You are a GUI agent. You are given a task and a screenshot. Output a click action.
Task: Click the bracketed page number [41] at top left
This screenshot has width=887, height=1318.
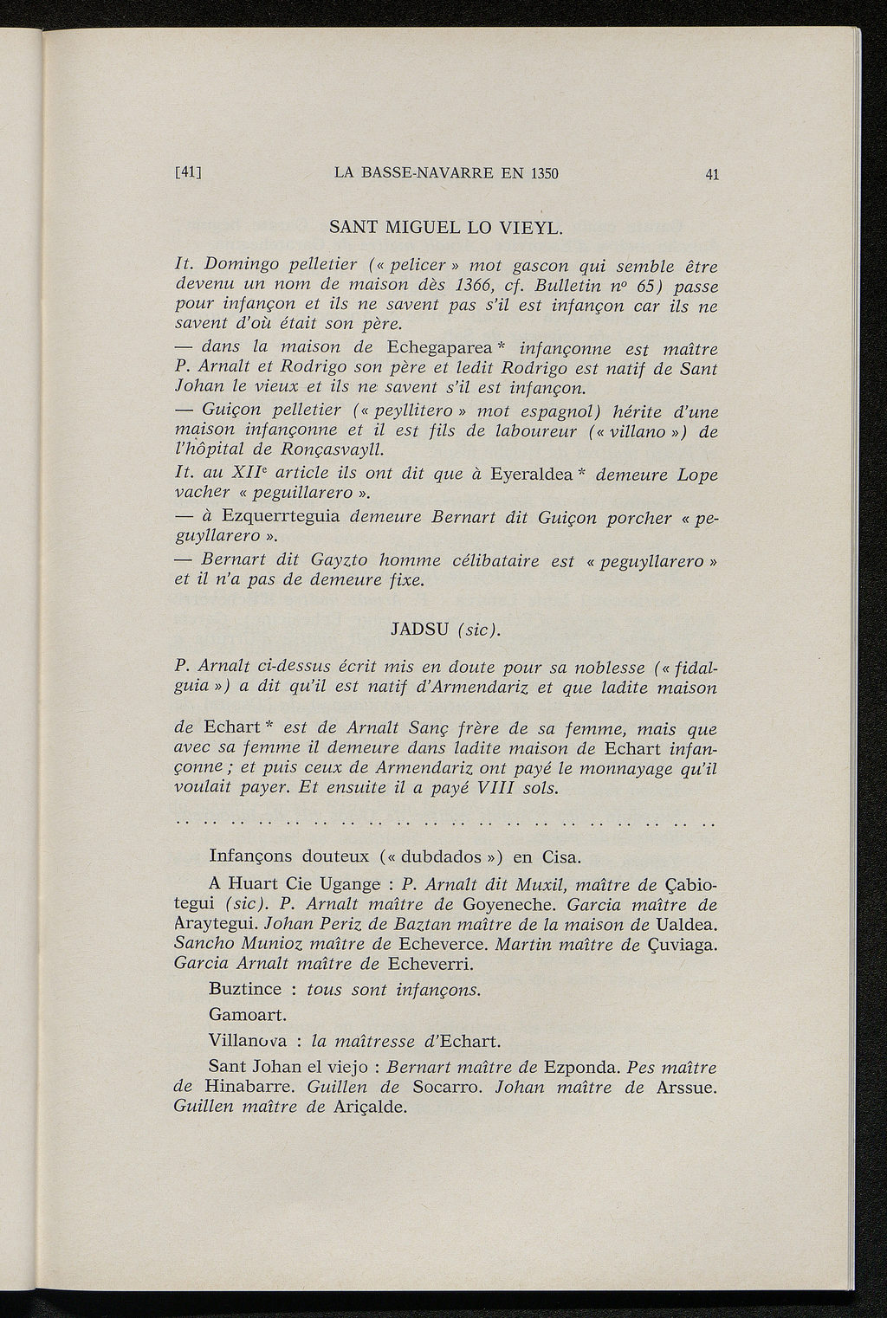pyautogui.click(x=188, y=172)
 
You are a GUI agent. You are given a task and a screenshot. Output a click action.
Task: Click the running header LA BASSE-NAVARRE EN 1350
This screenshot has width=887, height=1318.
pyautogui.click(x=446, y=172)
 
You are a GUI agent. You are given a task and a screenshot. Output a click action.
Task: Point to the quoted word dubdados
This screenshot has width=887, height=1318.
pyautogui.click(x=443, y=857)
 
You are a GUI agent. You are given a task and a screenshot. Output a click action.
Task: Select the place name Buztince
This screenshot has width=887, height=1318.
pyautogui.click(x=244, y=988)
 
